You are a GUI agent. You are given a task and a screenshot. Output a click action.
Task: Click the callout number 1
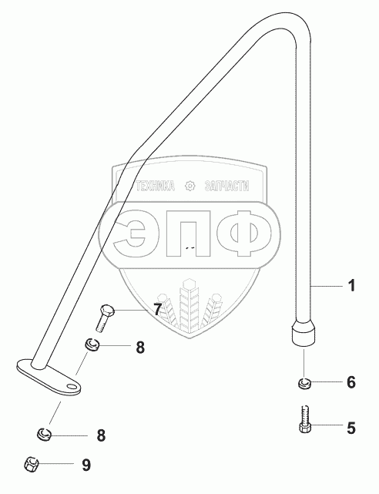(351, 285)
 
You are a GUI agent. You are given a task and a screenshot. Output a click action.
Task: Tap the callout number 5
(351, 428)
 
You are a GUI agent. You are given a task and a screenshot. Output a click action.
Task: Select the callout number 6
(351, 381)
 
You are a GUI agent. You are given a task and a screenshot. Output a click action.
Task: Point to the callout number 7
(157, 309)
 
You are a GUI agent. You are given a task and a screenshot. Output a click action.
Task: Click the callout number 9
(86, 465)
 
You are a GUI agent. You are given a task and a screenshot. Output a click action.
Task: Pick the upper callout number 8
(140, 348)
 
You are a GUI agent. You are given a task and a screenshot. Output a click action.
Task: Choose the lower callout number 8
(101, 435)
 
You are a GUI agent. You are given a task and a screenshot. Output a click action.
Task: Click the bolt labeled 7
(106, 318)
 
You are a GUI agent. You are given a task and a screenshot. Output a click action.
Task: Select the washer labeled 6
(304, 384)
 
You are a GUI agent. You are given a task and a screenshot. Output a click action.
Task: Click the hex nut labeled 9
(31, 465)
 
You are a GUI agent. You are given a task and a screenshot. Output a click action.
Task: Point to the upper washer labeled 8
(92, 344)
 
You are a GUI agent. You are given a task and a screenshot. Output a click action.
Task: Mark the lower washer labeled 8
(45, 435)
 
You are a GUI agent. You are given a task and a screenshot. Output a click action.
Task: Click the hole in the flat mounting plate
(72, 386)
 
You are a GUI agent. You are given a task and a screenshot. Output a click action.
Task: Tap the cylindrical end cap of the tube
(304, 332)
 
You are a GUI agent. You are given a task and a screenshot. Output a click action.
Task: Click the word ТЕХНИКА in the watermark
(156, 187)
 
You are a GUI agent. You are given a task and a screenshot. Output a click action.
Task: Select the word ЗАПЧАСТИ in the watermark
(226, 187)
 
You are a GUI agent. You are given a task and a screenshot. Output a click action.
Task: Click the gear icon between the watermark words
(189, 186)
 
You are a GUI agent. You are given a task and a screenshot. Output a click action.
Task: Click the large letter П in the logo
(188, 234)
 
